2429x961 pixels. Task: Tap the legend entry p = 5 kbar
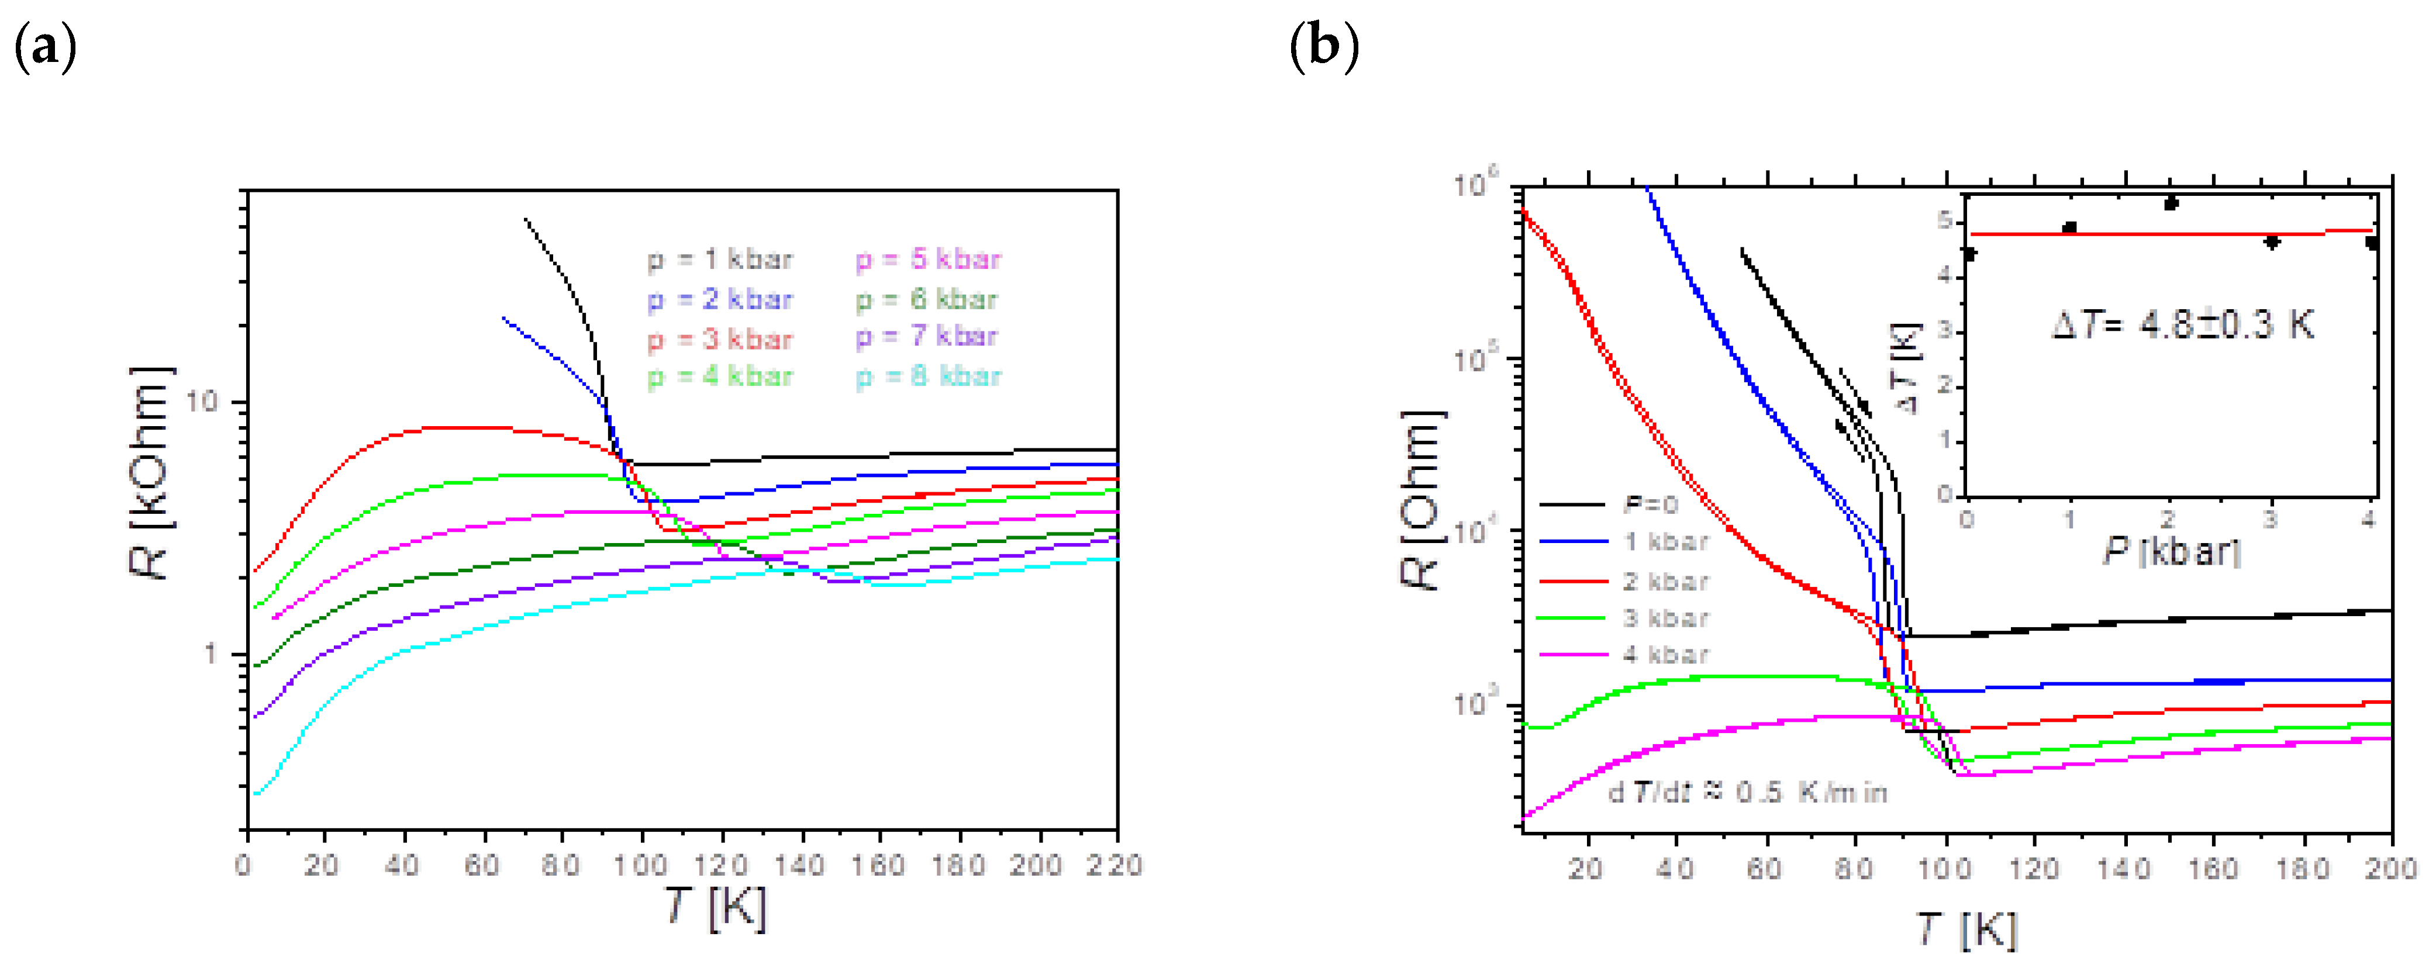pos(928,260)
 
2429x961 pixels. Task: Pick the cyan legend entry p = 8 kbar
pos(928,377)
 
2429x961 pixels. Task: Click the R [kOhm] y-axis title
pos(149,472)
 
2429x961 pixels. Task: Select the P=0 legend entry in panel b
pos(1650,504)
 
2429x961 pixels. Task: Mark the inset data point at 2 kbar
pos(2171,203)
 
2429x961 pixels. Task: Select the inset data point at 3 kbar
pos(2272,243)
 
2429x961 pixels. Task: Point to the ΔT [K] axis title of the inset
pos(1907,368)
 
